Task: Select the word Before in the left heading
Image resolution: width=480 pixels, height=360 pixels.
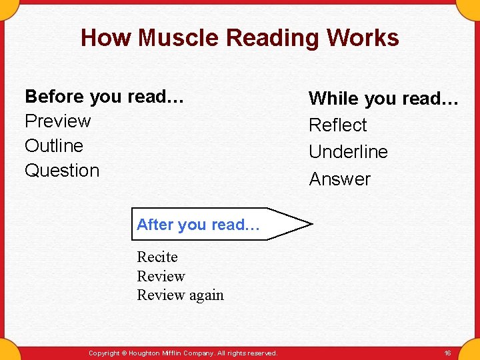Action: (54, 97)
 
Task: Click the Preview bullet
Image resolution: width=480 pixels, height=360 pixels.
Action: (57, 121)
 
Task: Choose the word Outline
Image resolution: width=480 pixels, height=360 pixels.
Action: (54, 146)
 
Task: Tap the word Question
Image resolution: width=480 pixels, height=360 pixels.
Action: (62, 171)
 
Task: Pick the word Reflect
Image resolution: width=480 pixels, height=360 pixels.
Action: (337, 125)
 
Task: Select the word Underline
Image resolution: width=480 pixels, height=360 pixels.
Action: (348, 152)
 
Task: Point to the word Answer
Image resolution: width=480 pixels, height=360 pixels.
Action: (339, 179)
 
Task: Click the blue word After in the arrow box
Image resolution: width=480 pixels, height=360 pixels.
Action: (155, 225)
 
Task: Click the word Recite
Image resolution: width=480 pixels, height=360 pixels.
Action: (157, 257)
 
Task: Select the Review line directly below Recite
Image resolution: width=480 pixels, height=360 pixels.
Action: (161, 276)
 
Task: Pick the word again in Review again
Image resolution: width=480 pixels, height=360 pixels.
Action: (206, 295)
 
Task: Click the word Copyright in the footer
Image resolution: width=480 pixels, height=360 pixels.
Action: (103, 353)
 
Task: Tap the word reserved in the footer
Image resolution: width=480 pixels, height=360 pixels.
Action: (261, 353)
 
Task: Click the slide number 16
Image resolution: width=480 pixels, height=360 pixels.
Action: (447, 353)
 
